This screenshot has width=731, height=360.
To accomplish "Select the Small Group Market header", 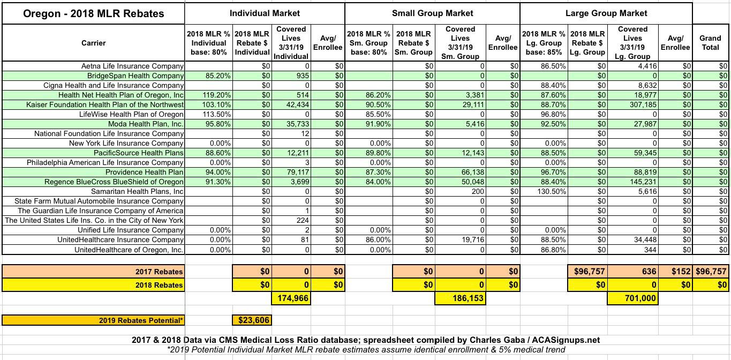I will (432, 13).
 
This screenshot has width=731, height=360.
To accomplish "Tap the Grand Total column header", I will (710, 43).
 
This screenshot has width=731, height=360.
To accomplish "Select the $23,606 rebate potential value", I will (252, 320).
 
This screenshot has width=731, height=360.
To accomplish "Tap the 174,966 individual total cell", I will (292, 298).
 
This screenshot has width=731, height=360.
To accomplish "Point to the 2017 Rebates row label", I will (159, 272).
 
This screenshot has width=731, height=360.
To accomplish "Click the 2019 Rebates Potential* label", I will (141, 320).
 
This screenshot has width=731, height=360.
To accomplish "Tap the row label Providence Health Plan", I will (144, 172).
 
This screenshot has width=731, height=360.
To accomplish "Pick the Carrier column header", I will (93, 43).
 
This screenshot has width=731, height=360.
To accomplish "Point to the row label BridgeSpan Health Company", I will (135, 76).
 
